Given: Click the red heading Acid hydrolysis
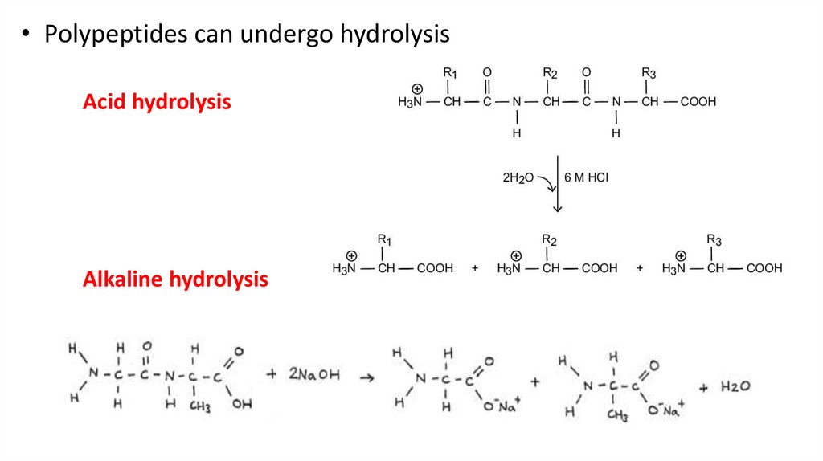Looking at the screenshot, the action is click(x=157, y=103).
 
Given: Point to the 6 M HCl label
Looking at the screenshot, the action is click(x=587, y=177).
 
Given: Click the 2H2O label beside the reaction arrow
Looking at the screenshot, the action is click(x=516, y=177).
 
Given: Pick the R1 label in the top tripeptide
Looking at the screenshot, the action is click(x=450, y=74).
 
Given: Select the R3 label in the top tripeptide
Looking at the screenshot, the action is click(x=649, y=74).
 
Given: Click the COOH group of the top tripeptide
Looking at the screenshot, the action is click(x=698, y=102).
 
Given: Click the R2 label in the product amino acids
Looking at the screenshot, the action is click(x=550, y=239).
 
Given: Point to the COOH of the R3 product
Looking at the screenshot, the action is click(x=764, y=268).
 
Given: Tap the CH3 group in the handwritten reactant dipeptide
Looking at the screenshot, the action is click(x=200, y=407).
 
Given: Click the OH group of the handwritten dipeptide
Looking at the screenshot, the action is click(x=241, y=404).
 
